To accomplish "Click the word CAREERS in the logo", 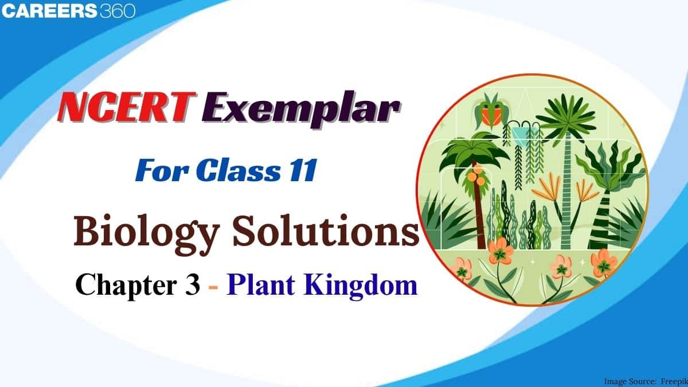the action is pos(49,11).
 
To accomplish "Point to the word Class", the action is pos(238,170).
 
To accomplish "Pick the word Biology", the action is pos(147,234).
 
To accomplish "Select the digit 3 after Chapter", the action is pos(193,285).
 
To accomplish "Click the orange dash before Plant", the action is pos(213,287).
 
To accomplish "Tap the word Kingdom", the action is pos(360,286).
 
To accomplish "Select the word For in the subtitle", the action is pos(162,170).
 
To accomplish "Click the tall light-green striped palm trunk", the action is pos(566,190).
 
